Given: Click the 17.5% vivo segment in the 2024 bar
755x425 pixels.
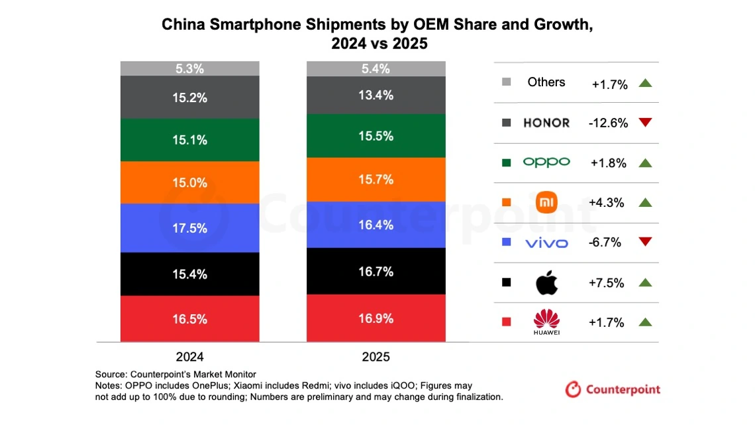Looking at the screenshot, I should tap(190, 228).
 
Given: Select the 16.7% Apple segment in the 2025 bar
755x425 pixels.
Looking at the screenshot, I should tap(376, 272).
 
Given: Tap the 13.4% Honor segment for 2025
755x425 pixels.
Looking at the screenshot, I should tap(376, 95).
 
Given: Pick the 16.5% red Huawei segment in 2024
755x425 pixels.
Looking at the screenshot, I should tap(190, 319).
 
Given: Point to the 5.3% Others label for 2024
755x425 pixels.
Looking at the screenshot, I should tap(190, 69).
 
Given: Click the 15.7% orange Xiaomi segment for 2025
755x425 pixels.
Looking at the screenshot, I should tap(376, 180).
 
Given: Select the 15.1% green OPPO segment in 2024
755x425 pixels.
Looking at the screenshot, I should tap(190, 140).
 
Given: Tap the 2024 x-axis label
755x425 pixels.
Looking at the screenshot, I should tap(190, 356).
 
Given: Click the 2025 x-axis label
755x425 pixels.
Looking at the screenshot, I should tap(376, 357).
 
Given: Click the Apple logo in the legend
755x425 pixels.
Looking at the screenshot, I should tap(546, 283).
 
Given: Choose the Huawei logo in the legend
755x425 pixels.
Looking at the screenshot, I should tap(546, 322).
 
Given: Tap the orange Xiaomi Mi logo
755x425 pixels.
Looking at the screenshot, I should tap(546, 203).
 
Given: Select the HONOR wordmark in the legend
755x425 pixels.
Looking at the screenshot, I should tap(546, 123).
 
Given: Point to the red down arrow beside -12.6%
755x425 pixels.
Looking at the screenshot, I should tap(646, 123).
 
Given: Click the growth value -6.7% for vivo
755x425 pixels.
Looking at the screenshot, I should tap(605, 243).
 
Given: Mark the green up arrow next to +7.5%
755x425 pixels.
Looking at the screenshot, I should tap(646, 282).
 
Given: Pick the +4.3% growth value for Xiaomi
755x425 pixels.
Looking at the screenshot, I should tap(606, 203).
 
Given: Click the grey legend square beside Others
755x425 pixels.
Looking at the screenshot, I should tap(507, 82).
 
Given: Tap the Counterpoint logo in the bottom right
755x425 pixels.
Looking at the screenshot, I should tap(613, 389).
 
